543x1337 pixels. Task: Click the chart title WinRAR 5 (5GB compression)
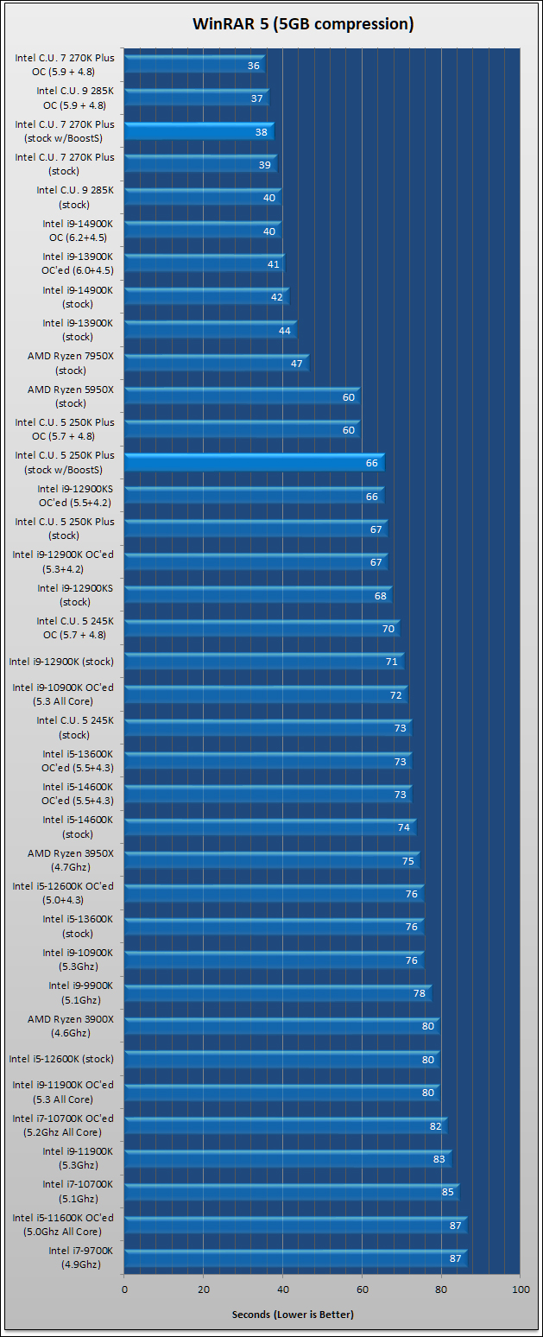tap(303, 24)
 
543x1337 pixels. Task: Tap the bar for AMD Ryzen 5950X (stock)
tap(242, 396)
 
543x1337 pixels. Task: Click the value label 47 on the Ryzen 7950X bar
tap(297, 364)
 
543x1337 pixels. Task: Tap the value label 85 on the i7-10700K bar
tap(447, 1193)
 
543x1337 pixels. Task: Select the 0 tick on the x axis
tap(124, 1289)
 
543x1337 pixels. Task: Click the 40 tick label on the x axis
tap(282, 1289)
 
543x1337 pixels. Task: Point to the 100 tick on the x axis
tap(521, 1289)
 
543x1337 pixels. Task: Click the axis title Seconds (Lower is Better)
tap(293, 1315)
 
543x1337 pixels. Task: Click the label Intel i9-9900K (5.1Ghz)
tap(74, 992)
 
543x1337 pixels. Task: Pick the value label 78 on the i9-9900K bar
tap(420, 994)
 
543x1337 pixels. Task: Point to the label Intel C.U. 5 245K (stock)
tap(74, 727)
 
